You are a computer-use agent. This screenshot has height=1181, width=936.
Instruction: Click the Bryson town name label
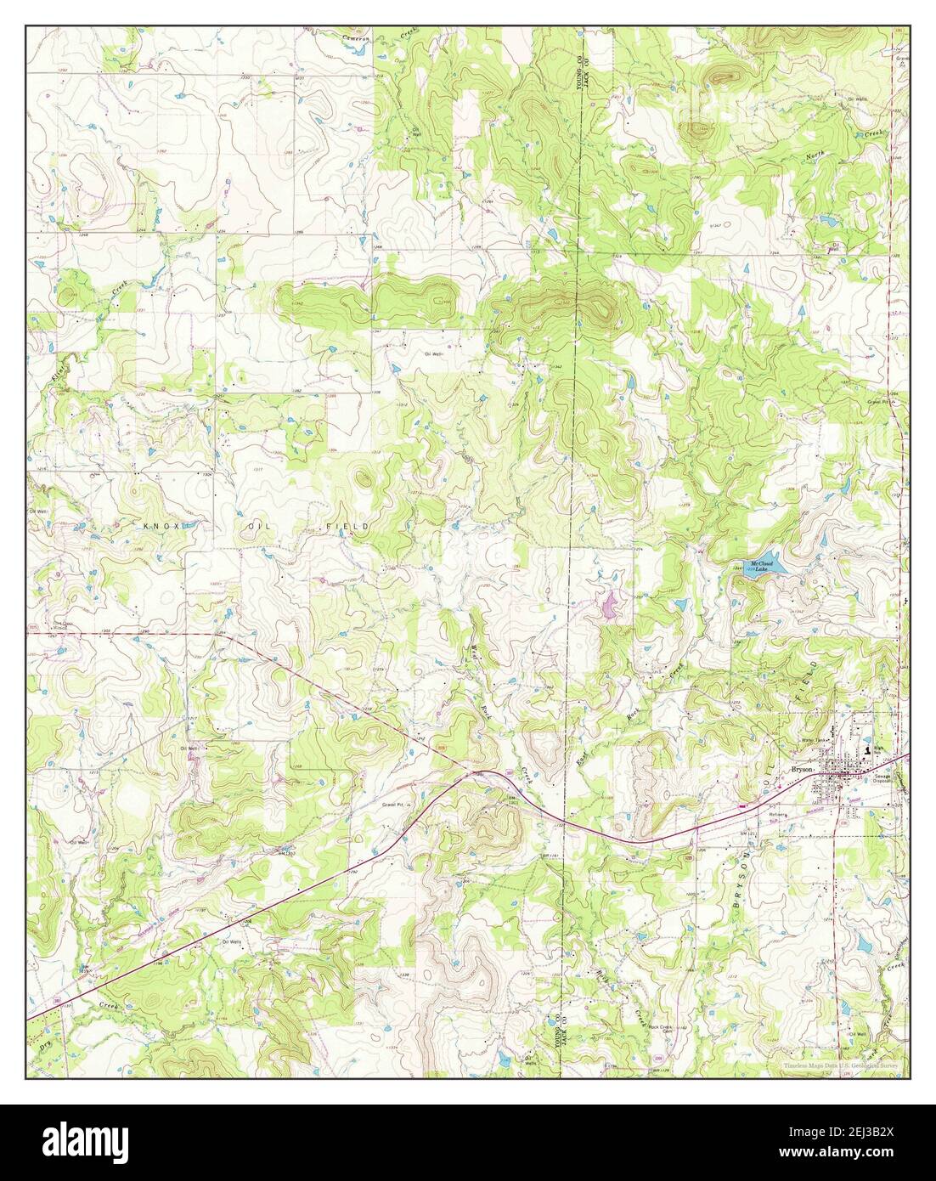pos(802,767)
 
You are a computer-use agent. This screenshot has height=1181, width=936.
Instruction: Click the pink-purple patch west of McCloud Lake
pos(610,605)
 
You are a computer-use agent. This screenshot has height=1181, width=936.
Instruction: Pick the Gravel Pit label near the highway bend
pos(391,802)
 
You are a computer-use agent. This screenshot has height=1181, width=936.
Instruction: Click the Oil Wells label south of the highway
pos(233,941)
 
